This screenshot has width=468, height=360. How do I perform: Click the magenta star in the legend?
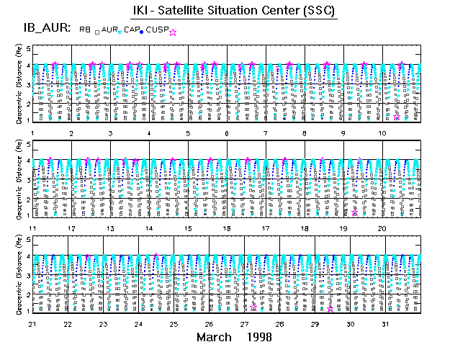click(172, 32)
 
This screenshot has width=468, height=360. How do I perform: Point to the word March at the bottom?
click(214, 337)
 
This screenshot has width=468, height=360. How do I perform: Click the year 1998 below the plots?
click(258, 337)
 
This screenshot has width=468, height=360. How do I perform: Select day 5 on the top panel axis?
click(188, 133)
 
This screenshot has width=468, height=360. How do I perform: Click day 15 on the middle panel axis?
click(188, 228)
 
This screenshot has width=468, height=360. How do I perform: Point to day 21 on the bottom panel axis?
click(32, 324)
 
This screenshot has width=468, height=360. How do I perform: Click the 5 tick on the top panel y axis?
click(29, 49)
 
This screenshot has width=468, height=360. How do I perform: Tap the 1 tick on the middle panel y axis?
click(29, 215)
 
